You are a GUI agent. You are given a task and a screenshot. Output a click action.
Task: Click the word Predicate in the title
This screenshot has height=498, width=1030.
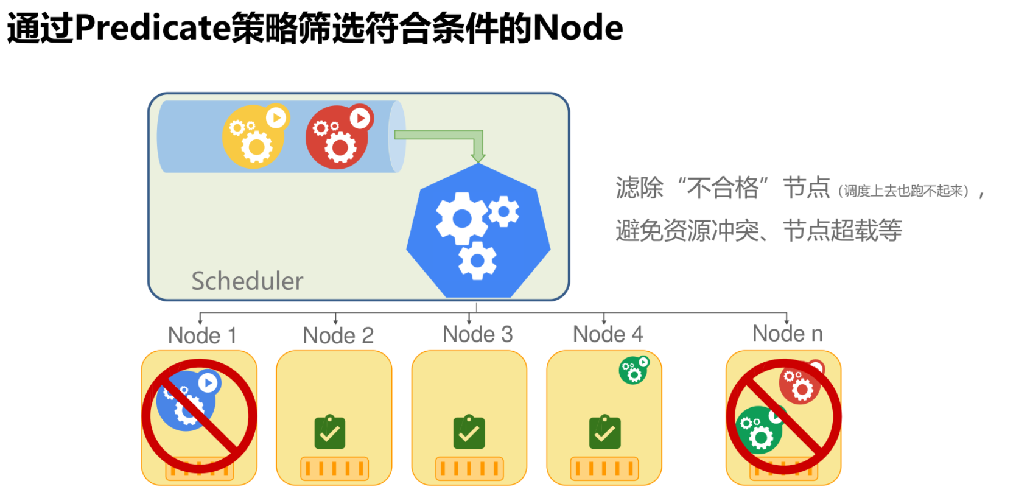pos(152,28)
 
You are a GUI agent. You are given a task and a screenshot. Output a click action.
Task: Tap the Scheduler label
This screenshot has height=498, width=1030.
pos(247,281)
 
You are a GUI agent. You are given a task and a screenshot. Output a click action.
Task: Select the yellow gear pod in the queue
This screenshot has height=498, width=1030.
pos(253,138)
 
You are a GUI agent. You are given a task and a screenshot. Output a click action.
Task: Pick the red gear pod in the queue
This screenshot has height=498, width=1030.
pos(337,138)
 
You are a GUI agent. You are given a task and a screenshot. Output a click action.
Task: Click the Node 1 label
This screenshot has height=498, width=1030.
pos(202,335)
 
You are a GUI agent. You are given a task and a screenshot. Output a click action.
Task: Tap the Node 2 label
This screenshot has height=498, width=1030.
pos(338,335)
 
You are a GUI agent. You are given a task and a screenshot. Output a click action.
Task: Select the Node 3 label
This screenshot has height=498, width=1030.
pos(477,334)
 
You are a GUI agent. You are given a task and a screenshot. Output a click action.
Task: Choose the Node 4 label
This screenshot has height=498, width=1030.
pos(608,334)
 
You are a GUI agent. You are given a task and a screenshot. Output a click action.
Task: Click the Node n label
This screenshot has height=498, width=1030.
pos(787,334)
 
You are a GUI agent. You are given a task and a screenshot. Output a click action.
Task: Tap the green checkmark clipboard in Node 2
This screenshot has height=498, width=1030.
pos(329,432)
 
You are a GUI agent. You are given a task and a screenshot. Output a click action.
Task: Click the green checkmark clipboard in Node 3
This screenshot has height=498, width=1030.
pos(469,432)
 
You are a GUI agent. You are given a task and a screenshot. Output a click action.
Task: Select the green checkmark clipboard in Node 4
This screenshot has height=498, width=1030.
pos(604,432)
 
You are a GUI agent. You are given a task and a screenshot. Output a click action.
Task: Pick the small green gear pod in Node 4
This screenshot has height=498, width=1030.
pos(634,371)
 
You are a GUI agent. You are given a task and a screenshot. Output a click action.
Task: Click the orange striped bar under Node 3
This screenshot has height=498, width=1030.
pos(469,468)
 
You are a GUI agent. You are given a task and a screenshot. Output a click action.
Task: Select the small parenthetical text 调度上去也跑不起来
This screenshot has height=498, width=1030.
pos(903,191)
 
